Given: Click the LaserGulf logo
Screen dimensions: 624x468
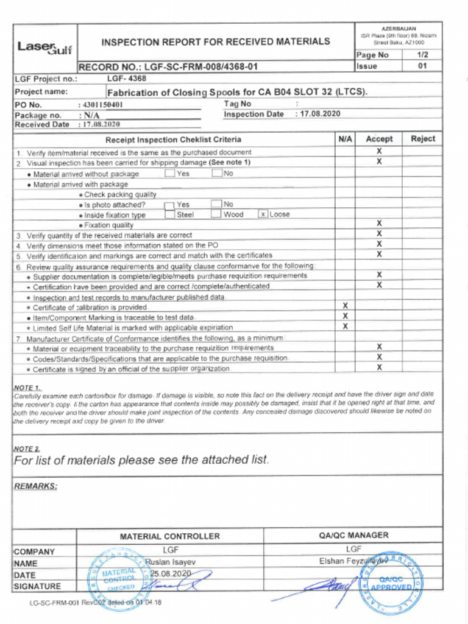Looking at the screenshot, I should [x=44, y=46].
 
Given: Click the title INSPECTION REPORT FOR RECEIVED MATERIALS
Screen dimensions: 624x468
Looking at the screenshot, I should [x=216, y=42].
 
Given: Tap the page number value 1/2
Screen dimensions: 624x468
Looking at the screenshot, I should [x=422, y=55].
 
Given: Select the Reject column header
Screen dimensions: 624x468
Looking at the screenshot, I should [x=422, y=139].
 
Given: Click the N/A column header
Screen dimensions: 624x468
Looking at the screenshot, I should [x=345, y=139].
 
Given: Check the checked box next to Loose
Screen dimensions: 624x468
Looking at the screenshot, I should [x=263, y=214].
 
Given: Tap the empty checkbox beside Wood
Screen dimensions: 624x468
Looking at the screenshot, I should [x=216, y=214].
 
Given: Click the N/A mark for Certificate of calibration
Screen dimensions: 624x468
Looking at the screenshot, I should [x=345, y=306].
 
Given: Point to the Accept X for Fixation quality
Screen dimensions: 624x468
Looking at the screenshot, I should [x=379, y=224].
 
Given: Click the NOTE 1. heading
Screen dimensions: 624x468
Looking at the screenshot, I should [x=27, y=388].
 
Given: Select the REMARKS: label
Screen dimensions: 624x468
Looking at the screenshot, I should [x=35, y=486].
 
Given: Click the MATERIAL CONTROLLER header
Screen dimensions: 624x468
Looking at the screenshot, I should [x=169, y=536].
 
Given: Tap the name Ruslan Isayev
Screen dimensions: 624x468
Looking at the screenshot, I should [x=170, y=562].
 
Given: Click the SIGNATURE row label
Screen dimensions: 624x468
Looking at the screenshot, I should [x=37, y=586].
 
